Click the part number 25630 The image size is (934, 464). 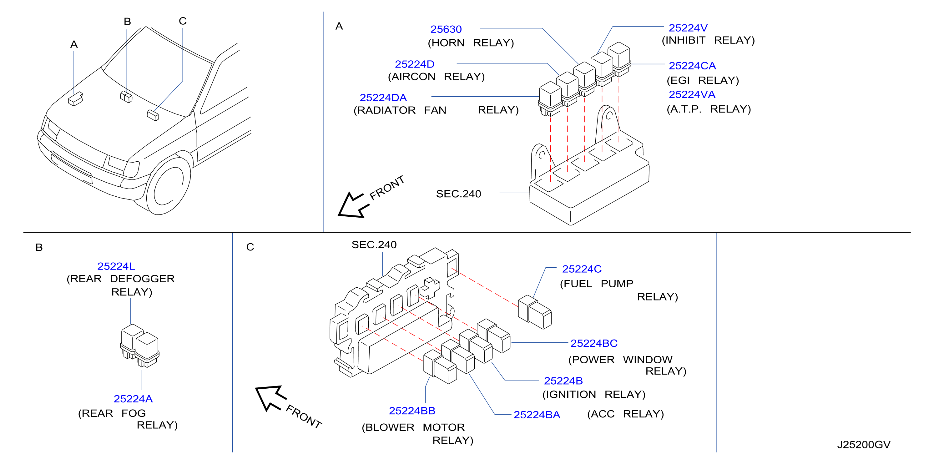pyautogui.click(x=446, y=29)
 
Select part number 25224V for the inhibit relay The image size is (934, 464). pyautogui.click(x=688, y=28)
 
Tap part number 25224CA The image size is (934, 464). pyautogui.click(x=692, y=66)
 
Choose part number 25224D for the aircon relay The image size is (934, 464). pyautogui.click(x=414, y=64)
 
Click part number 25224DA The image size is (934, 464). pyautogui.click(x=383, y=98)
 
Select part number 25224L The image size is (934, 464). pyautogui.click(x=116, y=266)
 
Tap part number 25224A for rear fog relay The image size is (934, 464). pyautogui.click(x=133, y=399)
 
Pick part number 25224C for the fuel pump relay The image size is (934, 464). pyautogui.click(x=582, y=269)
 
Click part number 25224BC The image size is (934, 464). pyautogui.click(x=594, y=343)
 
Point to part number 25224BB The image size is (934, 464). pyautogui.click(x=412, y=411)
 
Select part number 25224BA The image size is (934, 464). pyautogui.click(x=537, y=415)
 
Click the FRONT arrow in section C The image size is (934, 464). pyautogui.click(x=270, y=398)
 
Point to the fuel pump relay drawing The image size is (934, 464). pyautogui.click(x=535, y=312)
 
